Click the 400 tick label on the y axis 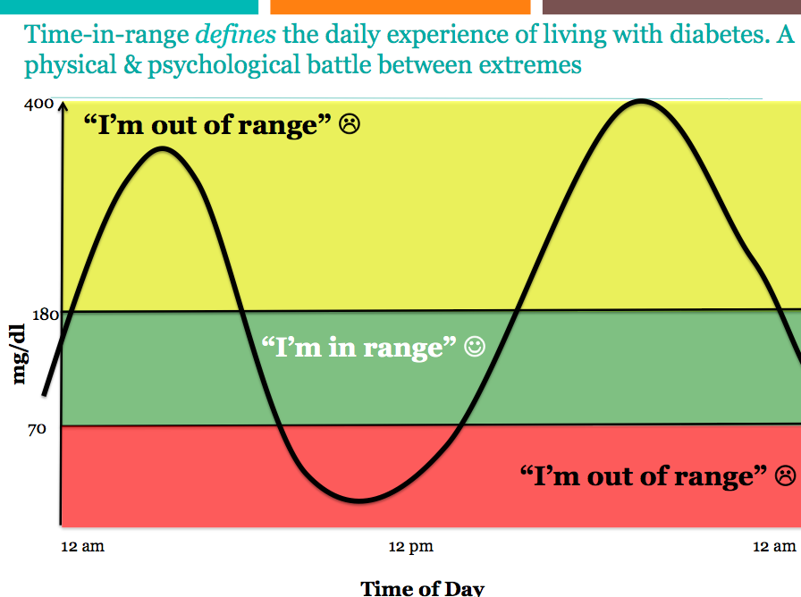coord(38,104)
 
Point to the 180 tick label coord(46,315)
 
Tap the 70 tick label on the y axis coord(37,429)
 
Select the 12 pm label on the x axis coord(410,547)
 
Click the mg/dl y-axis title coord(19,354)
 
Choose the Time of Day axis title coord(423,588)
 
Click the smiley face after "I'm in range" coord(475,346)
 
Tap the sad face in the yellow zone coord(350,124)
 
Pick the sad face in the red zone coord(786,475)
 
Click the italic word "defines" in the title coord(235,35)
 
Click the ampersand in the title coord(131,65)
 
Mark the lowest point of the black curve coord(360,500)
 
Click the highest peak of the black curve coord(641,101)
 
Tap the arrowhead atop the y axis coord(63,105)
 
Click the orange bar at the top coord(400,6)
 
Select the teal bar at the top coord(129,6)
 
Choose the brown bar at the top coord(671,6)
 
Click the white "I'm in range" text coord(358,348)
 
